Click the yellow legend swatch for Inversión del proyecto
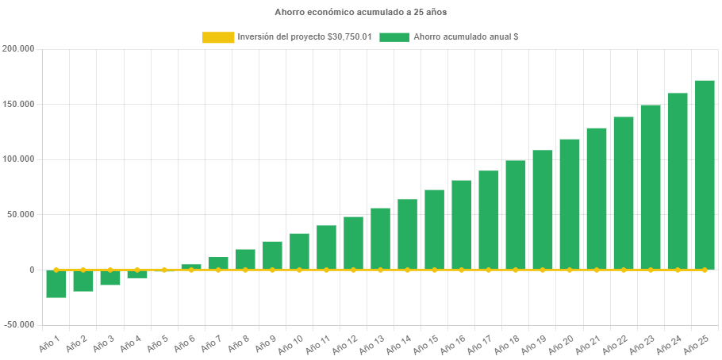218,37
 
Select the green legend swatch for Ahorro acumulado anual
394,37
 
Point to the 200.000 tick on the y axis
19,49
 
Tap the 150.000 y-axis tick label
19,104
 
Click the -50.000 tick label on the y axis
19,324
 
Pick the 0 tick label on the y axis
32,270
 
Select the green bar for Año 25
705,174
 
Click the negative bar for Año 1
56,284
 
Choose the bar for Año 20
570,204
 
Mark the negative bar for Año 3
110,278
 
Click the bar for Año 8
245,259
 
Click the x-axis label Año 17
479,343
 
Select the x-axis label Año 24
668,343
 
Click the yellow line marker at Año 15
434,270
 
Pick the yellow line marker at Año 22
624,270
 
